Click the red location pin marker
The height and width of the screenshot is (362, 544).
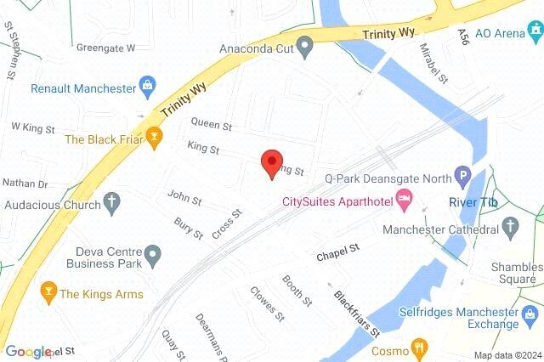(x=271, y=162)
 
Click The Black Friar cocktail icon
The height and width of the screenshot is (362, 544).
(x=154, y=136)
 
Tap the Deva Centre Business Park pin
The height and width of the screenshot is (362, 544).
(x=153, y=253)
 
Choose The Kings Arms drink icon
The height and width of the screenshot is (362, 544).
(x=48, y=293)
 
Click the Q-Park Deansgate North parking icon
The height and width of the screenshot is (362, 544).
(x=463, y=178)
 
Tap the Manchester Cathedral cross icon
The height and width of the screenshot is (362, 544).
(x=511, y=227)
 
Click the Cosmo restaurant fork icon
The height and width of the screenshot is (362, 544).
(x=417, y=348)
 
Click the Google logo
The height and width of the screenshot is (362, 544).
(x=28, y=351)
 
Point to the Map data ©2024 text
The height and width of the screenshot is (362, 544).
(x=507, y=355)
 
